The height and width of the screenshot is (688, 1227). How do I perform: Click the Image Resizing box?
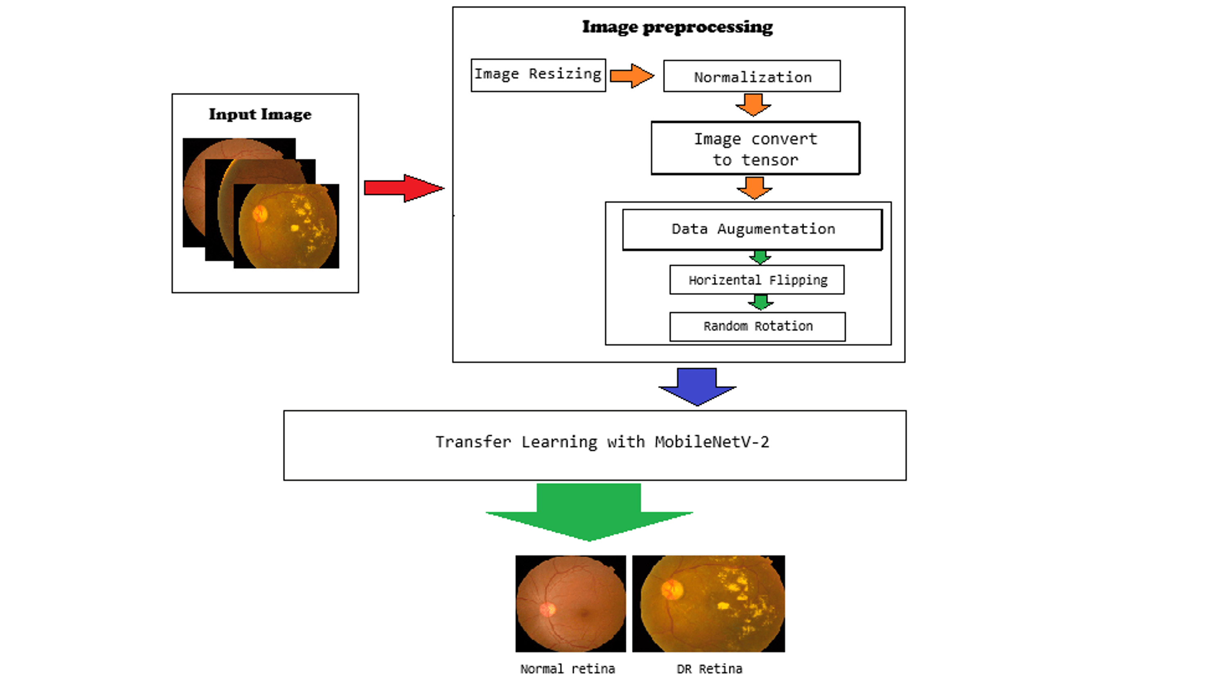pos(538,75)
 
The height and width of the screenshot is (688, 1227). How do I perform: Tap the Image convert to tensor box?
pos(755,148)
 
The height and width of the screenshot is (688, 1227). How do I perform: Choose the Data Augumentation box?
pos(753,229)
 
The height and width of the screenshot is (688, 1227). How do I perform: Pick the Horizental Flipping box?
pos(757,280)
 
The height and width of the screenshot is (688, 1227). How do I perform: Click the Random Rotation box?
pos(757,326)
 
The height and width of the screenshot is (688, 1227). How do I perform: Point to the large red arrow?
pos(403,188)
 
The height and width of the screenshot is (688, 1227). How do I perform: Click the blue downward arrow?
pos(697,385)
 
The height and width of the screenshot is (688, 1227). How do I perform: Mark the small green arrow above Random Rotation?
pos(761,302)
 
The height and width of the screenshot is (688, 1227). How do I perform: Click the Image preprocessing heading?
pos(677,27)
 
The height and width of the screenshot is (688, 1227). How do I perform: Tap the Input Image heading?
pos(260,115)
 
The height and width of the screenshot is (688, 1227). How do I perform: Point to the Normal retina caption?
pos(567,669)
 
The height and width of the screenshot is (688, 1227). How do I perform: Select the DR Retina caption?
pos(709,669)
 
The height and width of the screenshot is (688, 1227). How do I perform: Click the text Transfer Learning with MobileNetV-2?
pos(602,442)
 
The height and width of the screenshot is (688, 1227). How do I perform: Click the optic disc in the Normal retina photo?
pos(548,609)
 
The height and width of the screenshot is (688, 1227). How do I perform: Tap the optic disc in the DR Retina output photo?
pos(672,589)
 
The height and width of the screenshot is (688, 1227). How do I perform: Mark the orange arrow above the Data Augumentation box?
pos(755,187)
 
